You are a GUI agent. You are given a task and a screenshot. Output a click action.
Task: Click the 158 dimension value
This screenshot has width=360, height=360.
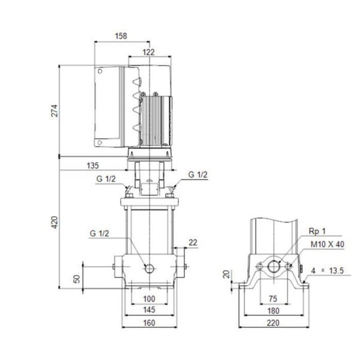(x=121, y=36)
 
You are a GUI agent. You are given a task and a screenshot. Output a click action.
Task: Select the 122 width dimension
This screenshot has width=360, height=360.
(x=149, y=52)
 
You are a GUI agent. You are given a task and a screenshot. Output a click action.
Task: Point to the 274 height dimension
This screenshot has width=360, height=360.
(x=55, y=110)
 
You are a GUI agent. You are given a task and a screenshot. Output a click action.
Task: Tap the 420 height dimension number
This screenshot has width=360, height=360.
(x=55, y=222)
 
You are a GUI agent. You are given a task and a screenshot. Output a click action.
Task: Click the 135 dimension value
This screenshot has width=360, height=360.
(x=93, y=166)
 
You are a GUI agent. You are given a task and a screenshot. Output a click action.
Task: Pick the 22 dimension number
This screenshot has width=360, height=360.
(x=193, y=242)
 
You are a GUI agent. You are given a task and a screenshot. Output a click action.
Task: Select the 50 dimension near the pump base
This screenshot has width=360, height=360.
(x=77, y=279)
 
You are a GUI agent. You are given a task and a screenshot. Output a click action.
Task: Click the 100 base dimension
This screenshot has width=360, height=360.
(x=149, y=299)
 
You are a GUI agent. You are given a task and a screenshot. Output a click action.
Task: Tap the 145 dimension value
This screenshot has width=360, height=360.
(x=149, y=310)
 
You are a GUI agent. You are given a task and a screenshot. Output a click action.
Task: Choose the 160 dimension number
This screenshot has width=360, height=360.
(x=149, y=323)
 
